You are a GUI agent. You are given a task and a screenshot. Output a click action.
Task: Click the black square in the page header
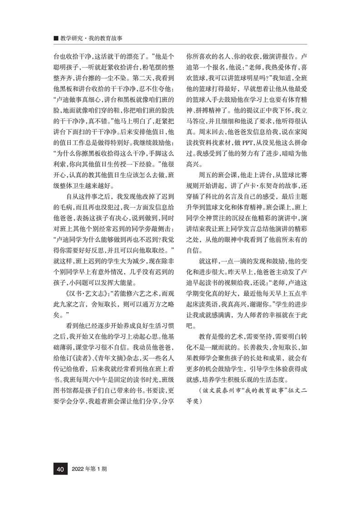tap(56, 39)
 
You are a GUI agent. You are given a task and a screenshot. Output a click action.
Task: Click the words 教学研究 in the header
tap(72, 39)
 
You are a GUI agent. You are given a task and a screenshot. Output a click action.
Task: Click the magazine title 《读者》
tap(90, 352)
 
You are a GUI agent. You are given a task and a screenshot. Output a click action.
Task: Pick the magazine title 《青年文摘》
tap(118, 352)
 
